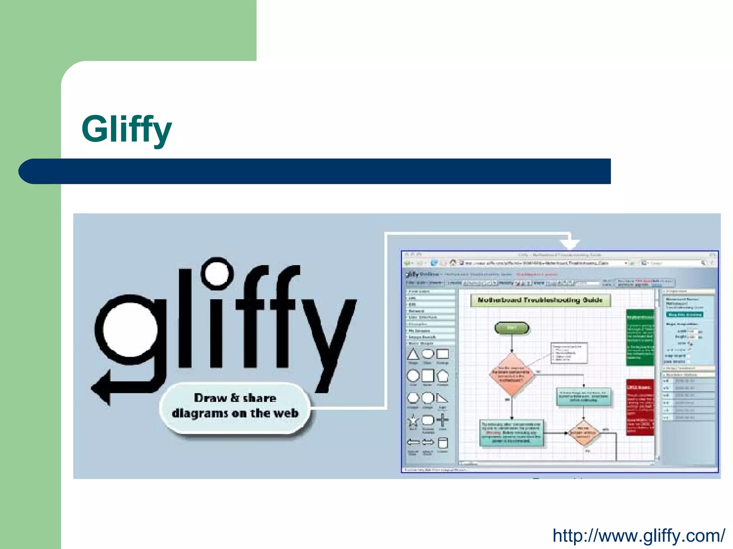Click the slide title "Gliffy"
pos(126,129)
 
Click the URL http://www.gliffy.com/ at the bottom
pos(639,535)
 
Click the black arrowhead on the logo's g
pos(102,388)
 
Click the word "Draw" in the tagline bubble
pos(210,398)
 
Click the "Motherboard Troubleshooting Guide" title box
pos(540,300)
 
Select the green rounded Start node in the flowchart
pos(511,328)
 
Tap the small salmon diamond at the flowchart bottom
pos(583,433)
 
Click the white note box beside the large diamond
pos(569,352)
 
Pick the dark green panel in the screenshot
pos(640,337)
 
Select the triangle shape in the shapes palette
pos(413,354)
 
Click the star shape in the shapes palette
pos(413,421)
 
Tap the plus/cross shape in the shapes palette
pos(442,420)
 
